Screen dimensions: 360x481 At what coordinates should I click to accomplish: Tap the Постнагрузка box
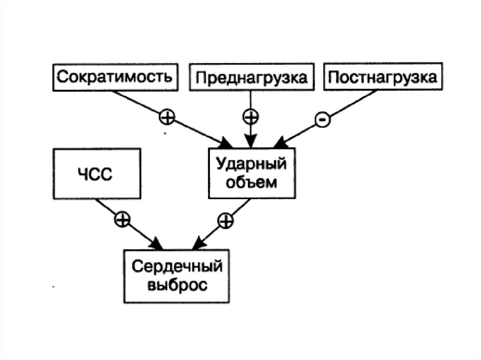[x=382, y=77]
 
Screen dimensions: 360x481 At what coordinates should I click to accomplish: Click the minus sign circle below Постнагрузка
[x=323, y=120]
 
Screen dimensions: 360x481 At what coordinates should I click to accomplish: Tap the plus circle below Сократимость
[x=167, y=117]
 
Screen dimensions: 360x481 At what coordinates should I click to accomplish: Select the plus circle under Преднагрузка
[x=250, y=115]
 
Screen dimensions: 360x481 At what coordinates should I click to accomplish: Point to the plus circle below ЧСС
[x=122, y=220]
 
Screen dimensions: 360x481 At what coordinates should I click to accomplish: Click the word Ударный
[x=252, y=165]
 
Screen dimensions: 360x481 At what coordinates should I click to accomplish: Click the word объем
[x=251, y=183]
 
